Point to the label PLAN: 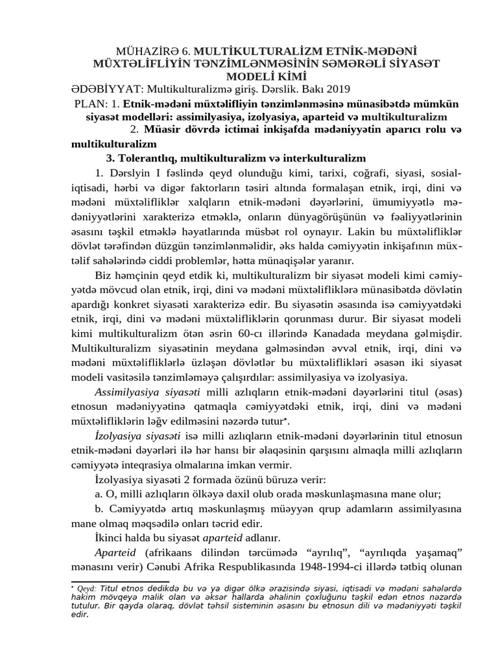[x=88, y=104]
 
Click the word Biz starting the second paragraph [x=103, y=278]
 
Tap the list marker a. [x=98, y=494]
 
